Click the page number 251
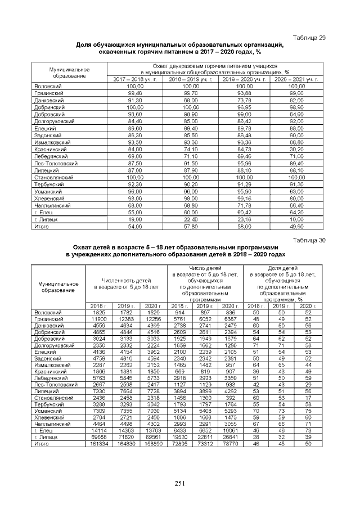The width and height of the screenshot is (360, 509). pyautogui.click(x=179, y=484)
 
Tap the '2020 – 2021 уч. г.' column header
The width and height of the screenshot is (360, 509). pyautogui.click(x=296, y=79)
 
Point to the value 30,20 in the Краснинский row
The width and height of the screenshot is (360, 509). pyautogui.click(x=296, y=149)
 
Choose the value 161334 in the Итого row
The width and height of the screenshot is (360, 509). pyautogui.click(x=98, y=444)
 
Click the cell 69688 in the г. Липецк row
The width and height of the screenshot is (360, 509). pyautogui.click(x=98, y=437)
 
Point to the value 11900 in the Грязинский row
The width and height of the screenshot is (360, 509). pyautogui.click(x=98, y=318)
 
